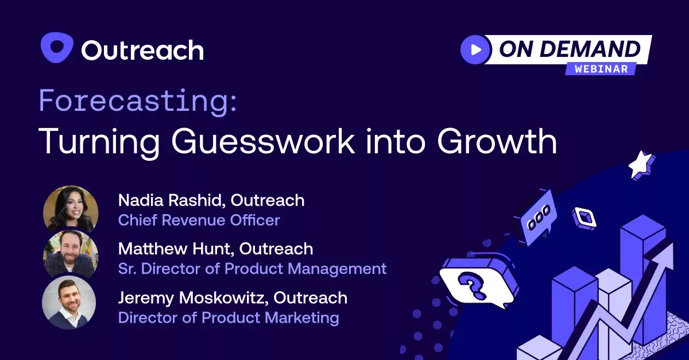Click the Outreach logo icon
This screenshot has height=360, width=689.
click(x=57, y=48)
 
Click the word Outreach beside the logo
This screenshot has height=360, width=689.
click(x=142, y=51)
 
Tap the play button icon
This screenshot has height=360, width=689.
click(x=475, y=49)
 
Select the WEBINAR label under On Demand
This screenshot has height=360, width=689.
click(x=601, y=68)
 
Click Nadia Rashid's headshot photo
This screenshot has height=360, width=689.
click(x=71, y=209)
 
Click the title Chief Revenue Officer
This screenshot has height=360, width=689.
click(x=199, y=220)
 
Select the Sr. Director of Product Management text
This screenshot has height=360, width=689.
click(x=252, y=268)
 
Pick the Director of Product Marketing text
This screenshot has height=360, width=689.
click(x=228, y=317)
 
